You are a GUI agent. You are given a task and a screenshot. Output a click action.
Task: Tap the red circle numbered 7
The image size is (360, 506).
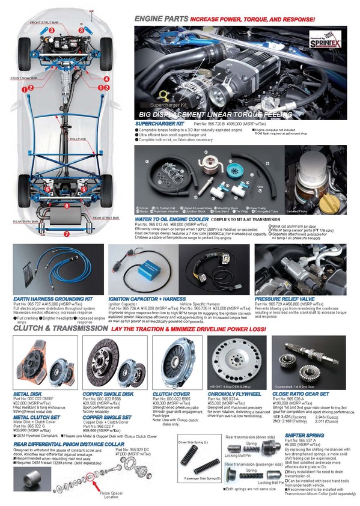click(x=67, y=234)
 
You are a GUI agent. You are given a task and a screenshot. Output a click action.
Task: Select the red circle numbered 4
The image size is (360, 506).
click(x=106, y=79)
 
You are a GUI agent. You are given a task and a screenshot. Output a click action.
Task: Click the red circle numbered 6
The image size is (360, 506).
click(x=67, y=206)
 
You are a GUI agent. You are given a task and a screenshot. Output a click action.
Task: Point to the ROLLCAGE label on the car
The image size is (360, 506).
click(x=78, y=139)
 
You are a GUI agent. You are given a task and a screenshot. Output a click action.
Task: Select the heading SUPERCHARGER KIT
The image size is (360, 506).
click(x=159, y=123)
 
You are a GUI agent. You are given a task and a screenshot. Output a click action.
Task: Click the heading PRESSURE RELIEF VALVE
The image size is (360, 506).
click(x=285, y=298)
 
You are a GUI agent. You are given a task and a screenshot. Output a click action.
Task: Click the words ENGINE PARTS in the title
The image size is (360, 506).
click(x=160, y=19)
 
